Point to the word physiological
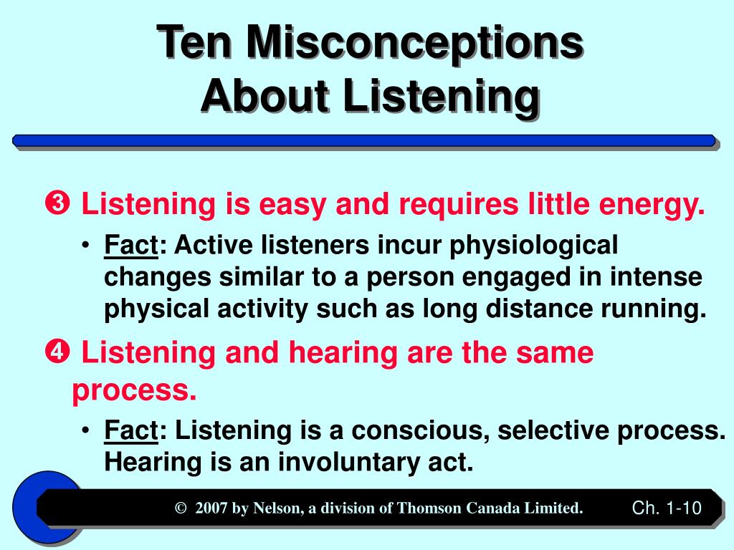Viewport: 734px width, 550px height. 533,246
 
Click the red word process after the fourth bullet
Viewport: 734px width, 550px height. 134,390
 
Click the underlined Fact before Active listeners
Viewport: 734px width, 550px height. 131,246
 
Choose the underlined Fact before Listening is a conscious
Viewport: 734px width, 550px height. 131,430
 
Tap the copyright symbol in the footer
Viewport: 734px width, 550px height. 181,508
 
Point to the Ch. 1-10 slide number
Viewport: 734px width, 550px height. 666,508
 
